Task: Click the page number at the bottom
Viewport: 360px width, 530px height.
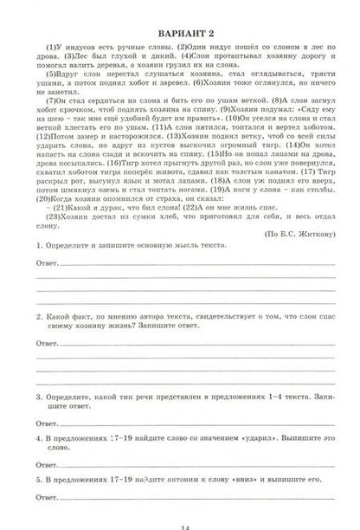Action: (181, 523)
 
